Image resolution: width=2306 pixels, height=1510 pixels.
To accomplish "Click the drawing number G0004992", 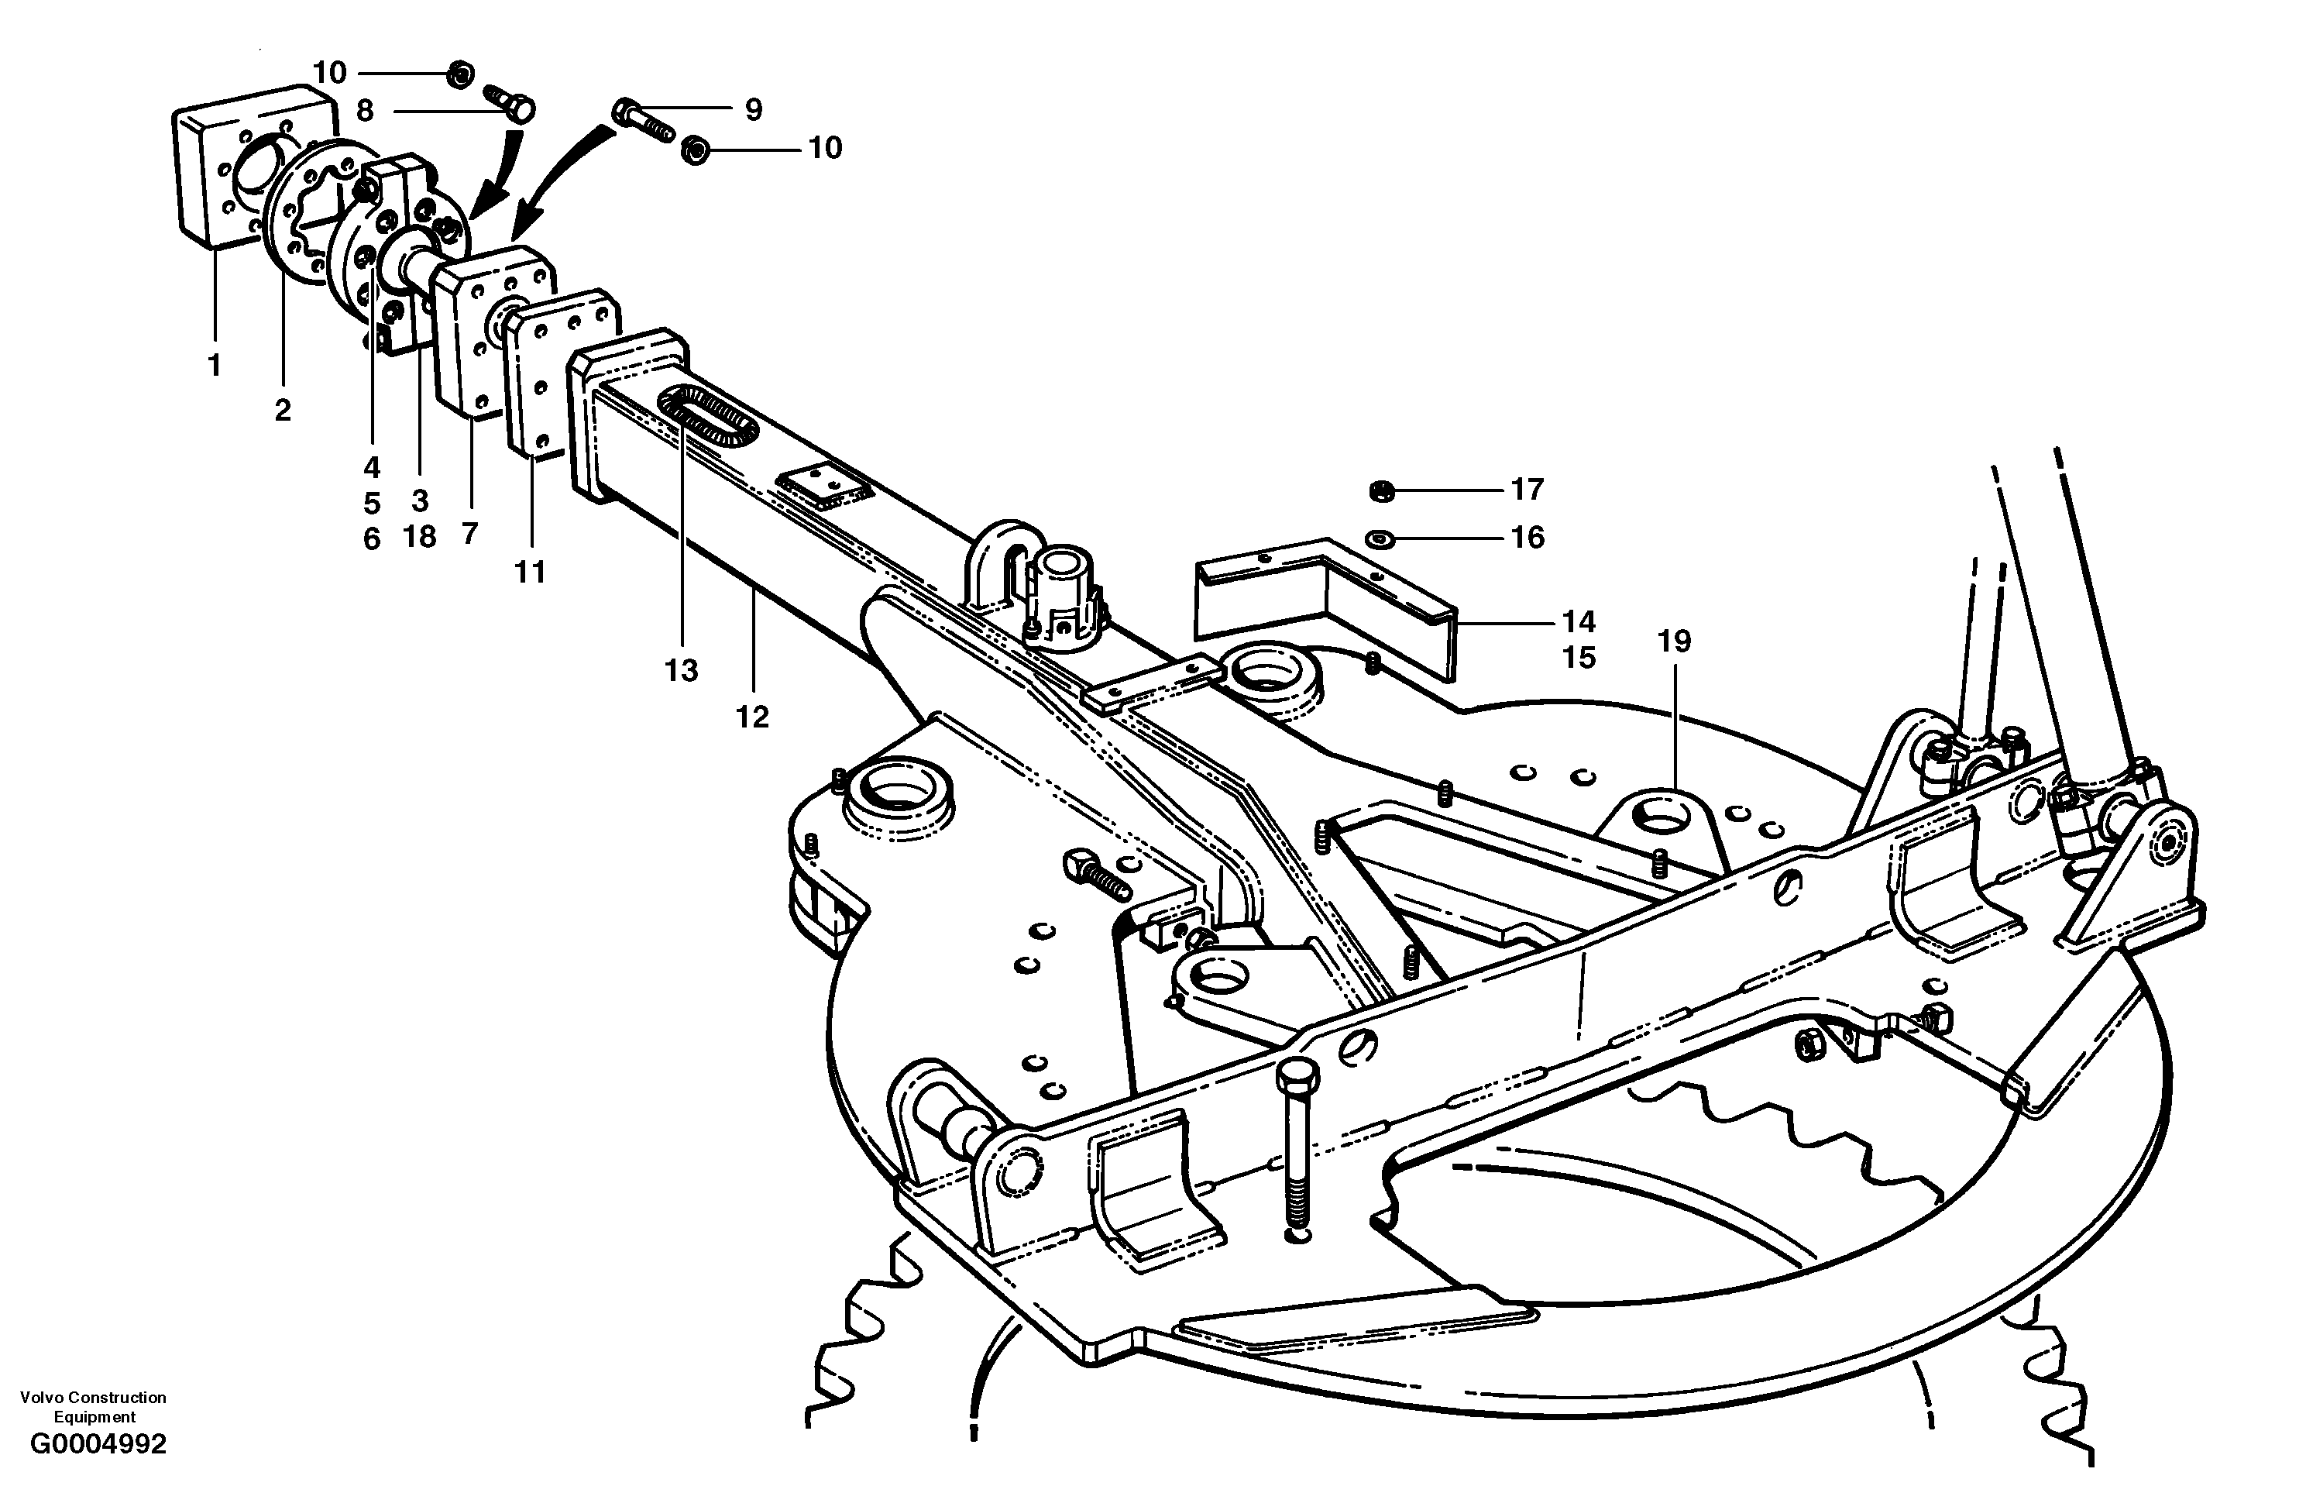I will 98,1444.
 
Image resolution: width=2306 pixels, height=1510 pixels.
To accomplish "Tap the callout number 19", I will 1674,641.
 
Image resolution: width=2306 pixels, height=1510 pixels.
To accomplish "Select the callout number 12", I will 752,717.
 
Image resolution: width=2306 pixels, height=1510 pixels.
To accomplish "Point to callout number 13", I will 681,671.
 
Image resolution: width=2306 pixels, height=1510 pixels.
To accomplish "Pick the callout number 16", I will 1528,538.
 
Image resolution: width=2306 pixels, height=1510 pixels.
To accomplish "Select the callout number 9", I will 753,109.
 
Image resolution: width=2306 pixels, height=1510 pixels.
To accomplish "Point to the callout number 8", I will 364,111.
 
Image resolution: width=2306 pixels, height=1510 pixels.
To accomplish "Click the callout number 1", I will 214,366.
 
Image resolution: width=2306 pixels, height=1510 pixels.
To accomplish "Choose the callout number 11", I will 530,573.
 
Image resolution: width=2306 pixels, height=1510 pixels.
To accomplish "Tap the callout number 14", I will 1579,621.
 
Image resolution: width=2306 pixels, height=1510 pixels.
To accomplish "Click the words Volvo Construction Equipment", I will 94,1406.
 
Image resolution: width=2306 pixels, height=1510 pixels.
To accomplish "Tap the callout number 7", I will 470,534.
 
